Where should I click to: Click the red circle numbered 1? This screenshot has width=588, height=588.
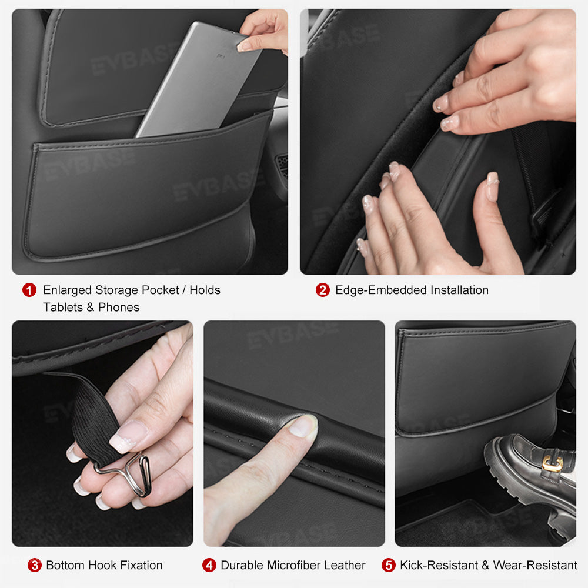coord(29,290)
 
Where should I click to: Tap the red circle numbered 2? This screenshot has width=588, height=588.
coord(322,290)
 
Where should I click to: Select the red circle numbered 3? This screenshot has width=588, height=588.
coord(35,565)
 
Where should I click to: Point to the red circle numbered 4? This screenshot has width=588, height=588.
coord(209,565)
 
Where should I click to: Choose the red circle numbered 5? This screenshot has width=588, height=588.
coord(388,565)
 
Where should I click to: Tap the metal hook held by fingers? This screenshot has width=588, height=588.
coord(126,470)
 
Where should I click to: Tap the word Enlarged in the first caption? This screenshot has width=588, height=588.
coord(68,290)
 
